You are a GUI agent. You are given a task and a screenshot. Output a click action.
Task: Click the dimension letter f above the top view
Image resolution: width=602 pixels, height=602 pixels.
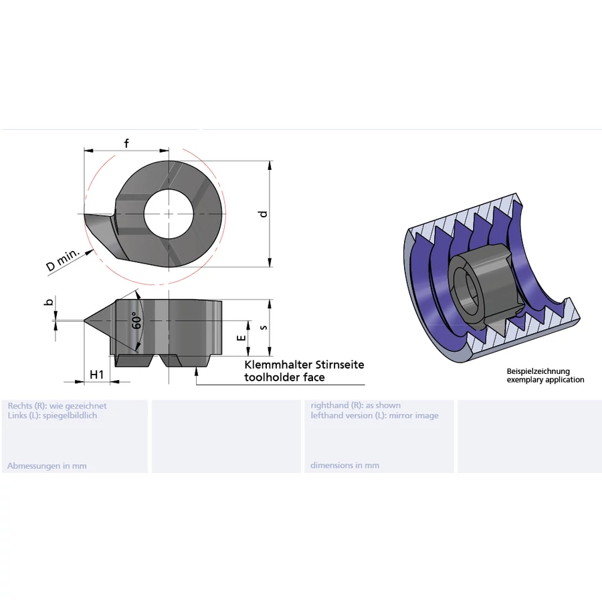pos(126,143)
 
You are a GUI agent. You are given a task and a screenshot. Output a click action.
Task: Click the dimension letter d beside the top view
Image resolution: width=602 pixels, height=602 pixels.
pos(263,214)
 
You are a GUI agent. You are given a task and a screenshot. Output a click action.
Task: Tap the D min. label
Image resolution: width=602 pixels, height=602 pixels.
pos(63,260)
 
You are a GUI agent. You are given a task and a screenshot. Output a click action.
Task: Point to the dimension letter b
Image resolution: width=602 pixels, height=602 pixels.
pos(49,302)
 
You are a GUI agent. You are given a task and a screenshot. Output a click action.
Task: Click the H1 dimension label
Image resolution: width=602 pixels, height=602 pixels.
pos(97,375)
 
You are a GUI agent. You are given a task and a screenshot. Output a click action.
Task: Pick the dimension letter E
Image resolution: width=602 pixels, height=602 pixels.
pos(241,338)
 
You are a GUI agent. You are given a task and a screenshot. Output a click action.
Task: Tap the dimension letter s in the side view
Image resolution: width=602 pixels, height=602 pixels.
pos(264,327)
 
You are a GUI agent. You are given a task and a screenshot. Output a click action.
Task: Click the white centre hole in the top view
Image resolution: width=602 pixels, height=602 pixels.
pos(169,214)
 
